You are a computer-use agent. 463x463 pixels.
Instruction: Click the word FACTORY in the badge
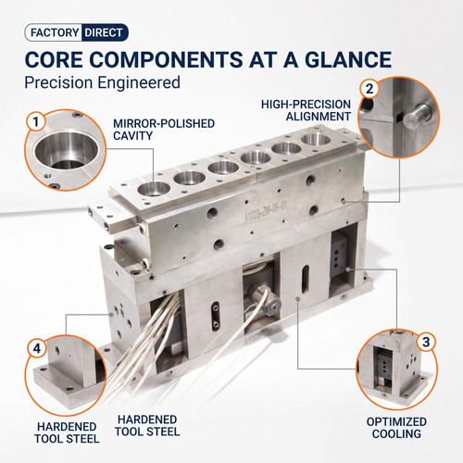click(x=55, y=32)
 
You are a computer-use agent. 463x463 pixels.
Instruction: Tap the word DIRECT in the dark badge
click(x=104, y=32)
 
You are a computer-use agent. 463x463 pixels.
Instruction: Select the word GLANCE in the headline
click(x=348, y=59)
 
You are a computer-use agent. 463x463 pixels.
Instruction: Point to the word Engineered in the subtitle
click(x=139, y=83)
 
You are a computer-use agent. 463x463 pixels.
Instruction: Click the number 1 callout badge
click(x=36, y=121)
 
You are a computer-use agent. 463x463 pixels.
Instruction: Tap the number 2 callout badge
click(x=369, y=89)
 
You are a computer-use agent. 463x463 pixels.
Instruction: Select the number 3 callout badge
click(x=426, y=342)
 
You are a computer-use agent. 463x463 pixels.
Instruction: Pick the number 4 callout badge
click(x=37, y=348)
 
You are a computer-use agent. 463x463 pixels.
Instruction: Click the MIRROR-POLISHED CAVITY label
click(x=164, y=130)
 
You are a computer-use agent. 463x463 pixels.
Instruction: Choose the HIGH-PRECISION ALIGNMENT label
click(x=307, y=110)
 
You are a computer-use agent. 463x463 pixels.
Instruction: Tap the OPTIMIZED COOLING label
click(x=396, y=428)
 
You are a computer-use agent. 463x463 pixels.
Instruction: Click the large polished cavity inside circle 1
click(x=67, y=151)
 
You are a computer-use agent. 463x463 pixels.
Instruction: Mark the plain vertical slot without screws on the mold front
click(x=305, y=279)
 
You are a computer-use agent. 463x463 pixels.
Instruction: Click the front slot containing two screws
click(x=216, y=316)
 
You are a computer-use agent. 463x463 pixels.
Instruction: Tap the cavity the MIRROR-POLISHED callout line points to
click(x=154, y=189)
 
